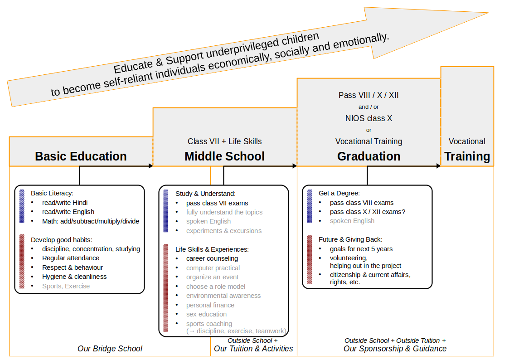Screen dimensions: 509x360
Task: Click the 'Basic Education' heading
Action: point(81,156)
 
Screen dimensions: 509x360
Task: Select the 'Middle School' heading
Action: point(225,156)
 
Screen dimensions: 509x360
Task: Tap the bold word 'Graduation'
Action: point(369,156)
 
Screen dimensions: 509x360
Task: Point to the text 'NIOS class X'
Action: point(369,118)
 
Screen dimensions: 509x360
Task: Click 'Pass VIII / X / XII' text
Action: point(369,95)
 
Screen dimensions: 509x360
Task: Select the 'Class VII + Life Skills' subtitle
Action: point(225,141)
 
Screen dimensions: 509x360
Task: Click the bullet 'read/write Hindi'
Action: point(65,203)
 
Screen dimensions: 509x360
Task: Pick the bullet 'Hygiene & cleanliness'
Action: point(74,277)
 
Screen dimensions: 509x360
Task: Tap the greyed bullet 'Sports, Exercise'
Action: point(66,286)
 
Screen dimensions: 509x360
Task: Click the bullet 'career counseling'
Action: point(212,259)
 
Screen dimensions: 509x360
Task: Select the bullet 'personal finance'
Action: point(210,305)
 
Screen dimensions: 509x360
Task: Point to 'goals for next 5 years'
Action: point(361,249)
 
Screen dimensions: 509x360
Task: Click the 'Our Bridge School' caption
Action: point(110,349)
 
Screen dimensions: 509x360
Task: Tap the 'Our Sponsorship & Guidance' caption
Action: point(395,349)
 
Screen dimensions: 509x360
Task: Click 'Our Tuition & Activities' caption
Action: point(253,349)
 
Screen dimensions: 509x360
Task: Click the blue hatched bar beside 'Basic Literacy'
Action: point(22,206)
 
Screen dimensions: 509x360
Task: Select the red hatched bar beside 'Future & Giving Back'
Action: point(310,259)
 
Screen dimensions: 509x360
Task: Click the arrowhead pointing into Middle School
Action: point(150,166)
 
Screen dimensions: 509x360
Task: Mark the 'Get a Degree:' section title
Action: point(339,194)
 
